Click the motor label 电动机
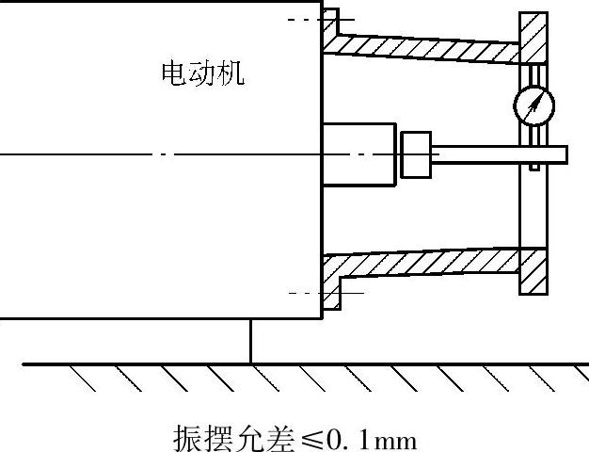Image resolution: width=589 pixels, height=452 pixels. click(203, 73)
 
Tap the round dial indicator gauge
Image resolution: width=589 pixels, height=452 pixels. click(533, 105)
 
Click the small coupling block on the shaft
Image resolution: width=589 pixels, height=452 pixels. click(416, 153)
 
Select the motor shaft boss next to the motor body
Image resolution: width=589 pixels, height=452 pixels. click(358, 153)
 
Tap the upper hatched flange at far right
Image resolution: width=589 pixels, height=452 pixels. click(534, 38)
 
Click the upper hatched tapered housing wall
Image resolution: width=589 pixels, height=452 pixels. click(423, 47)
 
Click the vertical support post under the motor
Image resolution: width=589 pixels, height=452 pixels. click(251, 340)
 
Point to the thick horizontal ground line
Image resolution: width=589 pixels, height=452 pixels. click(301, 363)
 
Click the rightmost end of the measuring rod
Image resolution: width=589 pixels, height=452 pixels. click(564, 153)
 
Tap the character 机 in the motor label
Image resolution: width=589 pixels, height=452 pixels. click(231, 73)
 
